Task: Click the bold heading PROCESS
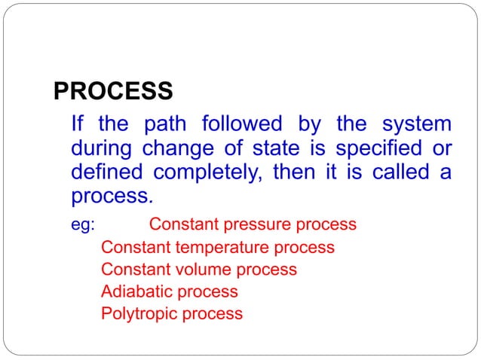point(114,93)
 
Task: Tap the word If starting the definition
point(77,123)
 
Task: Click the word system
point(417,123)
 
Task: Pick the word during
point(103,148)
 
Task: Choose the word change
point(188,148)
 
